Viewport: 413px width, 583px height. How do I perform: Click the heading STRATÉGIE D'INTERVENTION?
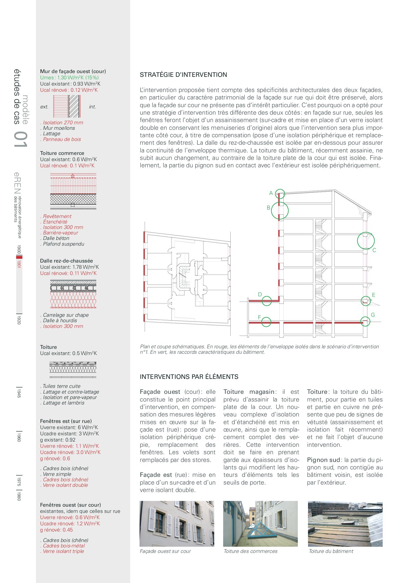coord(183,75)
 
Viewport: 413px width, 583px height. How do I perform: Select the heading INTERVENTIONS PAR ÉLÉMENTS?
coord(189,377)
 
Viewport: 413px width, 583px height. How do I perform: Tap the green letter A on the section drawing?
coord(271,193)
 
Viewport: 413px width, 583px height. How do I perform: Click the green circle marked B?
coord(280,210)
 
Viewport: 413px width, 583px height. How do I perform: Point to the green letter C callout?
coord(374,250)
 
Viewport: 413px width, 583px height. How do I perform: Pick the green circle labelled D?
coord(266,301)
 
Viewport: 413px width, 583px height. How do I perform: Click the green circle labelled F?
coord(266,322)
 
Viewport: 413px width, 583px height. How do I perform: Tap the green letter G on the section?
coord(373,315)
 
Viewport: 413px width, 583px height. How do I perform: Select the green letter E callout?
coord(374,295)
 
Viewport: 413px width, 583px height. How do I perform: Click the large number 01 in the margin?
coord(20,139)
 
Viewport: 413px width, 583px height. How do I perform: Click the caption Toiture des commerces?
coord(250,551)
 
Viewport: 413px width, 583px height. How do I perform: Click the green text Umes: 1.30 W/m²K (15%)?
coord(69,78)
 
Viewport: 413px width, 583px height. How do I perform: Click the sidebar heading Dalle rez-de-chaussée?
coord(66,261)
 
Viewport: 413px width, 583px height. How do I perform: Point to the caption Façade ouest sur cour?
coord(165,551)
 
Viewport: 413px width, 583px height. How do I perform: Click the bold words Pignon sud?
coord(323,460)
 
